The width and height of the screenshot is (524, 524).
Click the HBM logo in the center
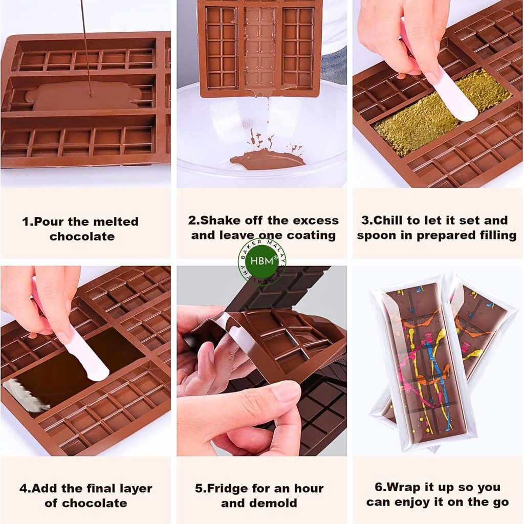point(261,261)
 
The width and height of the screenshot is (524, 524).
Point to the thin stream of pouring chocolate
point(85,46)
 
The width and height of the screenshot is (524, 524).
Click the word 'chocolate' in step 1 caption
point(82,237)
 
